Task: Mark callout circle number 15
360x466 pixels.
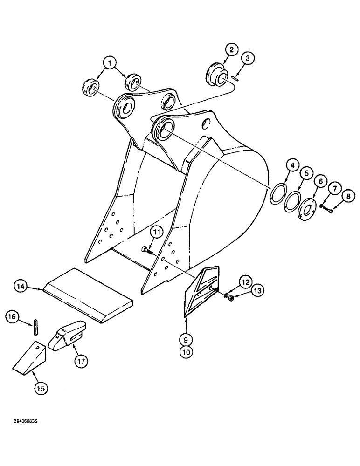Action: [41, 388]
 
